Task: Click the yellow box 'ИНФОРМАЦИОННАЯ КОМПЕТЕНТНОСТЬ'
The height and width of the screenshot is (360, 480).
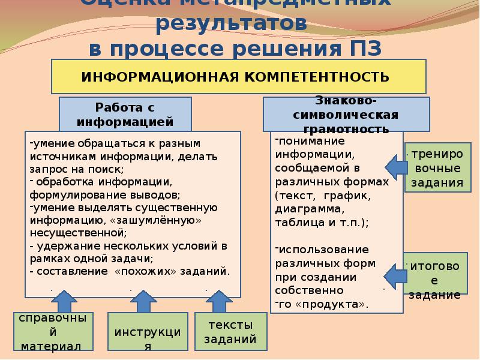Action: coord(239,77)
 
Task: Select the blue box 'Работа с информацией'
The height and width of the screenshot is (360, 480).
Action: coord(125,114)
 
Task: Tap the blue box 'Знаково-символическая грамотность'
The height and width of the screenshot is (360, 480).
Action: coord(346,115)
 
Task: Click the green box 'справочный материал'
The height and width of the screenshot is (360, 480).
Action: coord(53,331)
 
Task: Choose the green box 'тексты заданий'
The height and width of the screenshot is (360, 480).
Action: coord(230,332)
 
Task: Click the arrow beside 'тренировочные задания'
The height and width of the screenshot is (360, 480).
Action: coord(393,166)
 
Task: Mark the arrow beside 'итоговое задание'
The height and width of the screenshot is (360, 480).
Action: coord(393,274)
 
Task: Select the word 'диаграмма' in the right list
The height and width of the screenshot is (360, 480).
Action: coord(309,209)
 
